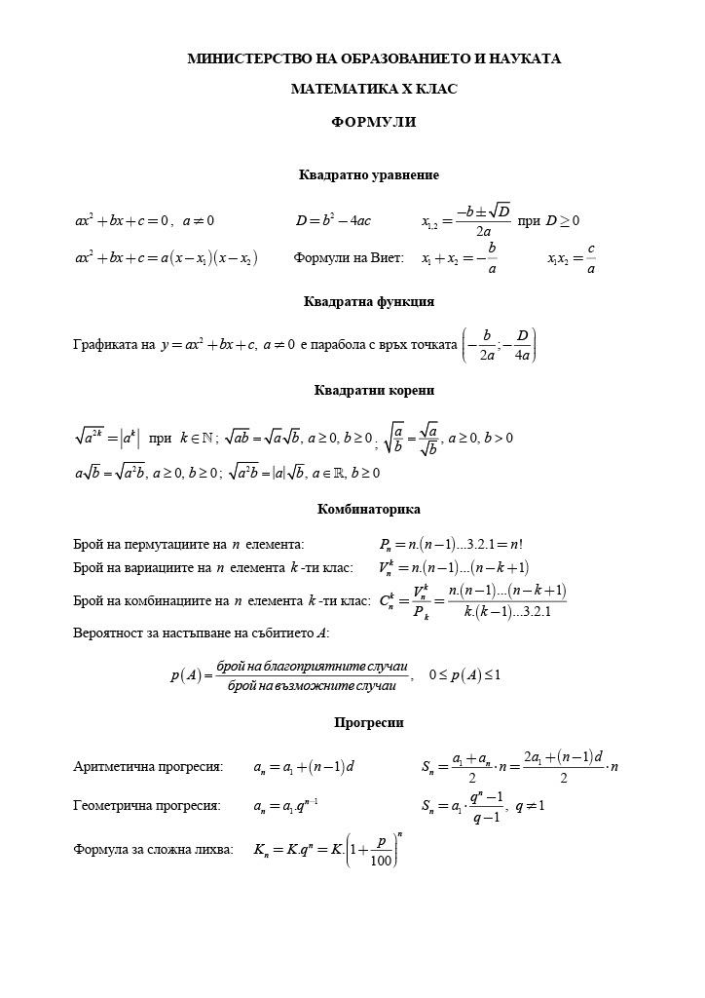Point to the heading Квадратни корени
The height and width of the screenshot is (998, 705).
(x=374, y=391)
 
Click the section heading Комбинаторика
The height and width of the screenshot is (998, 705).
(x=369, y=509)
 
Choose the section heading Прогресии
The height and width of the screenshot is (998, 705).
(x=369, y=723)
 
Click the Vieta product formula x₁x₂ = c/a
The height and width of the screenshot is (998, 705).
(x=572, y=259)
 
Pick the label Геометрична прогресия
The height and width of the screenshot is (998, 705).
(x=147, y=806)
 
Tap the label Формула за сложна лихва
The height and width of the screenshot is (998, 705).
(x=153, y=849)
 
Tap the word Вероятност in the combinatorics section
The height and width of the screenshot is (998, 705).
(x=109, y=633)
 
